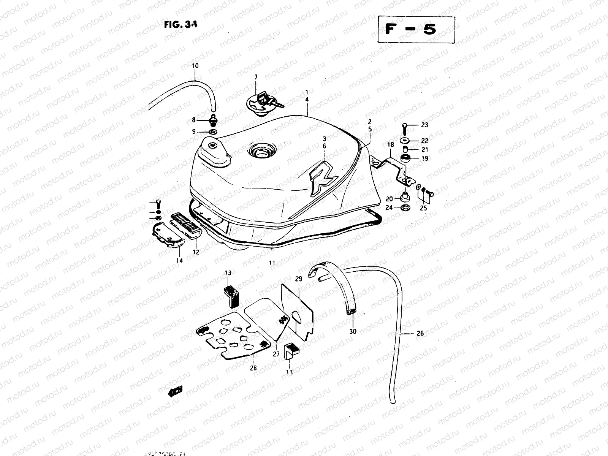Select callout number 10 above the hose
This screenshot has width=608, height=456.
coord(195,66)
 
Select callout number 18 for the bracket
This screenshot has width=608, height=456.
coord(390,144)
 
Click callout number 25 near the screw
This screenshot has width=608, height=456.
coord(423,208)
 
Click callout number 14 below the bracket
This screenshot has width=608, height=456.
coord(179,260)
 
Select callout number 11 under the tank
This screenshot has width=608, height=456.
coord(272,262)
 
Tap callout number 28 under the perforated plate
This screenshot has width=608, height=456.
coord(253,368)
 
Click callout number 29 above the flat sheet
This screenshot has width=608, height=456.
coord(299,279)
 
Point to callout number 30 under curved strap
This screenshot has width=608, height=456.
coord(353,331)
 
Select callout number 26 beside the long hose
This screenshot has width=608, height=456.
coord(420,334)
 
